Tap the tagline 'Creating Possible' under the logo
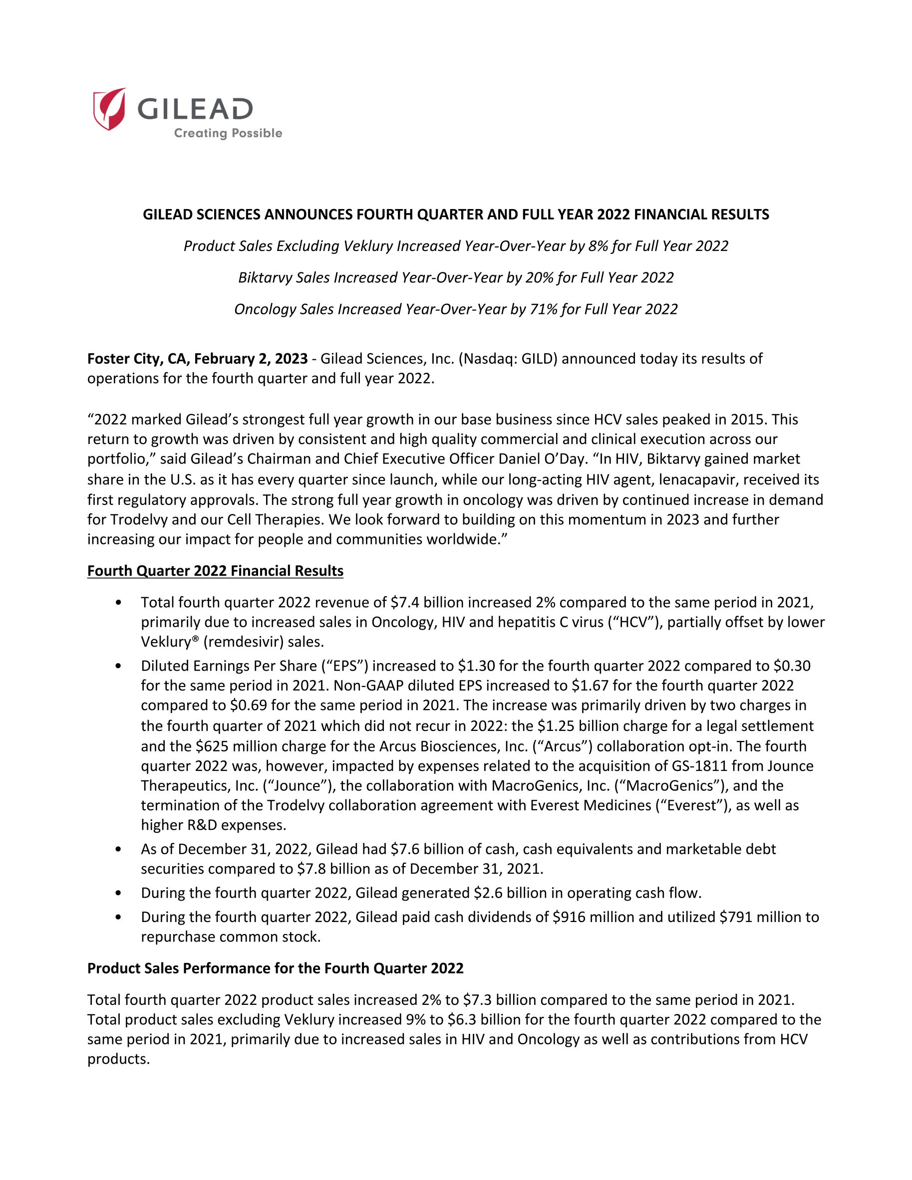coord(228,133)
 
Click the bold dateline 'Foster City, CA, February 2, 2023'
coord(197,359)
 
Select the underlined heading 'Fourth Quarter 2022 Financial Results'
coord(215,571)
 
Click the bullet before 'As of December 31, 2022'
coord(118,850)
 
